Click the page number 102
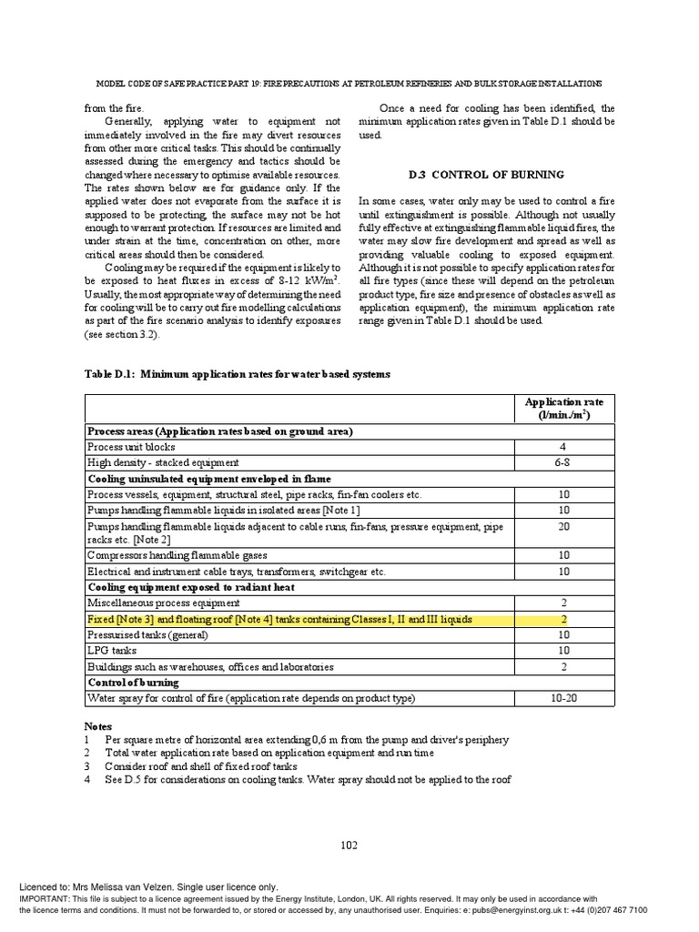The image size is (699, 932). click(349, 845)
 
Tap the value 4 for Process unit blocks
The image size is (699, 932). click(563, 447)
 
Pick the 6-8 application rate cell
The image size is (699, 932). click(563, 462)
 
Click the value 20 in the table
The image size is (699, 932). click(563, 525)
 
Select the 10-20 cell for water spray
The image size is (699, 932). click(563, 698)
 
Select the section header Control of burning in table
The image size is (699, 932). click(133, 683)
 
